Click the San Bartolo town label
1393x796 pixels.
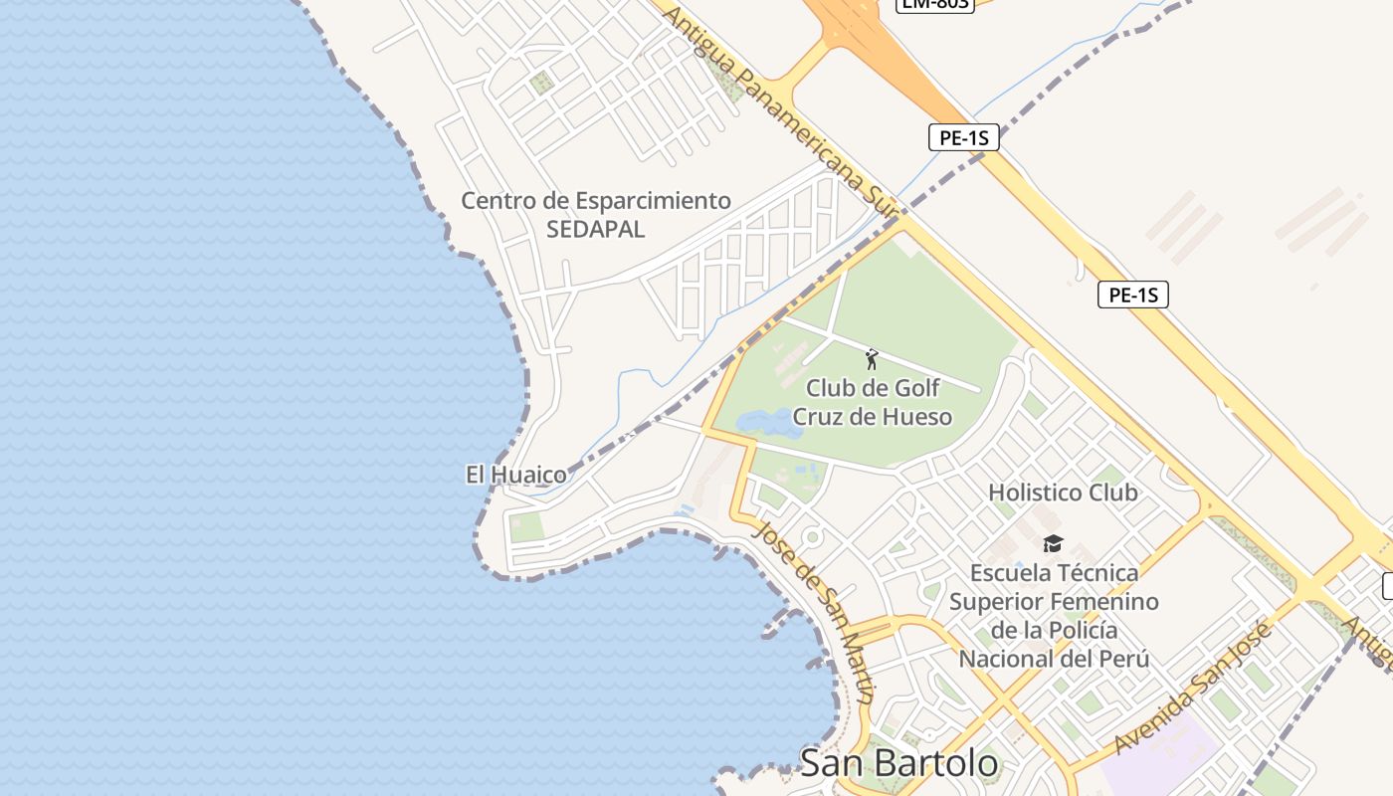pos(898,763)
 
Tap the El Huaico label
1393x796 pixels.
pos(515,475)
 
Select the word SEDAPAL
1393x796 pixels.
pos(595,229)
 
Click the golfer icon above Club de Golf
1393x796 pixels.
pos(872,359)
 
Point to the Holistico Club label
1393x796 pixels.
pos(1063,493)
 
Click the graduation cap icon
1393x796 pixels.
pos(1053,543)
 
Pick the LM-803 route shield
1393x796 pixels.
pos(934,3)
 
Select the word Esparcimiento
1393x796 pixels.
pos(651,200)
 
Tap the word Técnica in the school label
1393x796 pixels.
pos(1097,573)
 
